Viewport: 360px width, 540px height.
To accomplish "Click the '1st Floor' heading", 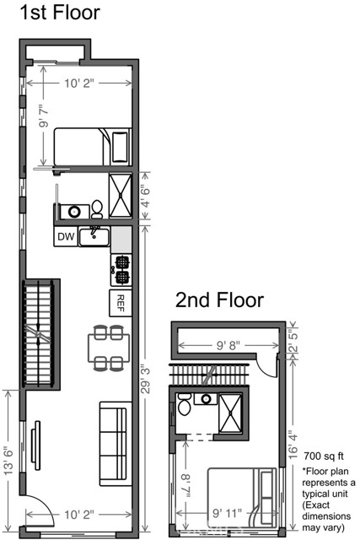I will [x=51, y=13].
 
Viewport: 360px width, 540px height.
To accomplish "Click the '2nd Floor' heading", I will [x=220, y=300].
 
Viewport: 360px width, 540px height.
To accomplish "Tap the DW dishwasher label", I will [x=65, y=238].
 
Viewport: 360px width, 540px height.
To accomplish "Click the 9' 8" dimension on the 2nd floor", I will [x=228, y=345].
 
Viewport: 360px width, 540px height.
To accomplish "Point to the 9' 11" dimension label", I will [x=228, y=511].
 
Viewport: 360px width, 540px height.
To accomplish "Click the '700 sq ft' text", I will [x=324, y=454].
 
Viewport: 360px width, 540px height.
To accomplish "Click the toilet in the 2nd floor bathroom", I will [x=184, y=407].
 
